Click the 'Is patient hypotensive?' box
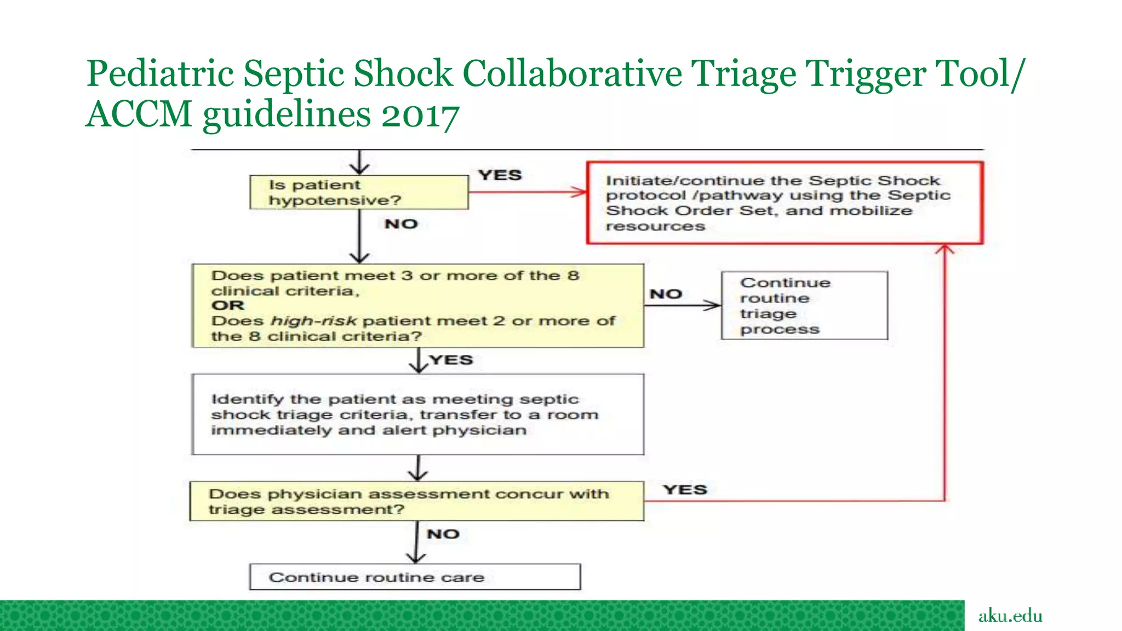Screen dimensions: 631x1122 tap(359, 192)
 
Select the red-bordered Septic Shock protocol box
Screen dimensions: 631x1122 tap(785, 203)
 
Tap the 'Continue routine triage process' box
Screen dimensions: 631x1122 tap(804, 306)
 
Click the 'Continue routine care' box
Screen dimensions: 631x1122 tap(415, 577)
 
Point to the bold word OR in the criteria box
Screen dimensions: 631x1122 tap(228, 306)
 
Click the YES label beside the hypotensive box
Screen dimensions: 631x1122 tap(500, 175)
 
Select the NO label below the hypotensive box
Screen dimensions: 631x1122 tap(401, 224)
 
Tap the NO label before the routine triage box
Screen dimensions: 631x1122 tap(666, 294)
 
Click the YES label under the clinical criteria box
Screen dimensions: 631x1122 tap(451, 360)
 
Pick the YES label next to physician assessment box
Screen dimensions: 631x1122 tap(685, 490)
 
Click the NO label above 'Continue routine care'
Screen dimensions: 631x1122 tap(443, 534)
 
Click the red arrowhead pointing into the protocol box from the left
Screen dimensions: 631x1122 tap(579, 192)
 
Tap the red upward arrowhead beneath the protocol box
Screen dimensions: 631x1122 tap(945, 250)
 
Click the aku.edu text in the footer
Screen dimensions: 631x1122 tap(1010, 616)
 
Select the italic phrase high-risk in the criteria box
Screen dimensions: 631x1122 tap(314, 321)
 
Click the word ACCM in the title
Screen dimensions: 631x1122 tap(139, 114)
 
